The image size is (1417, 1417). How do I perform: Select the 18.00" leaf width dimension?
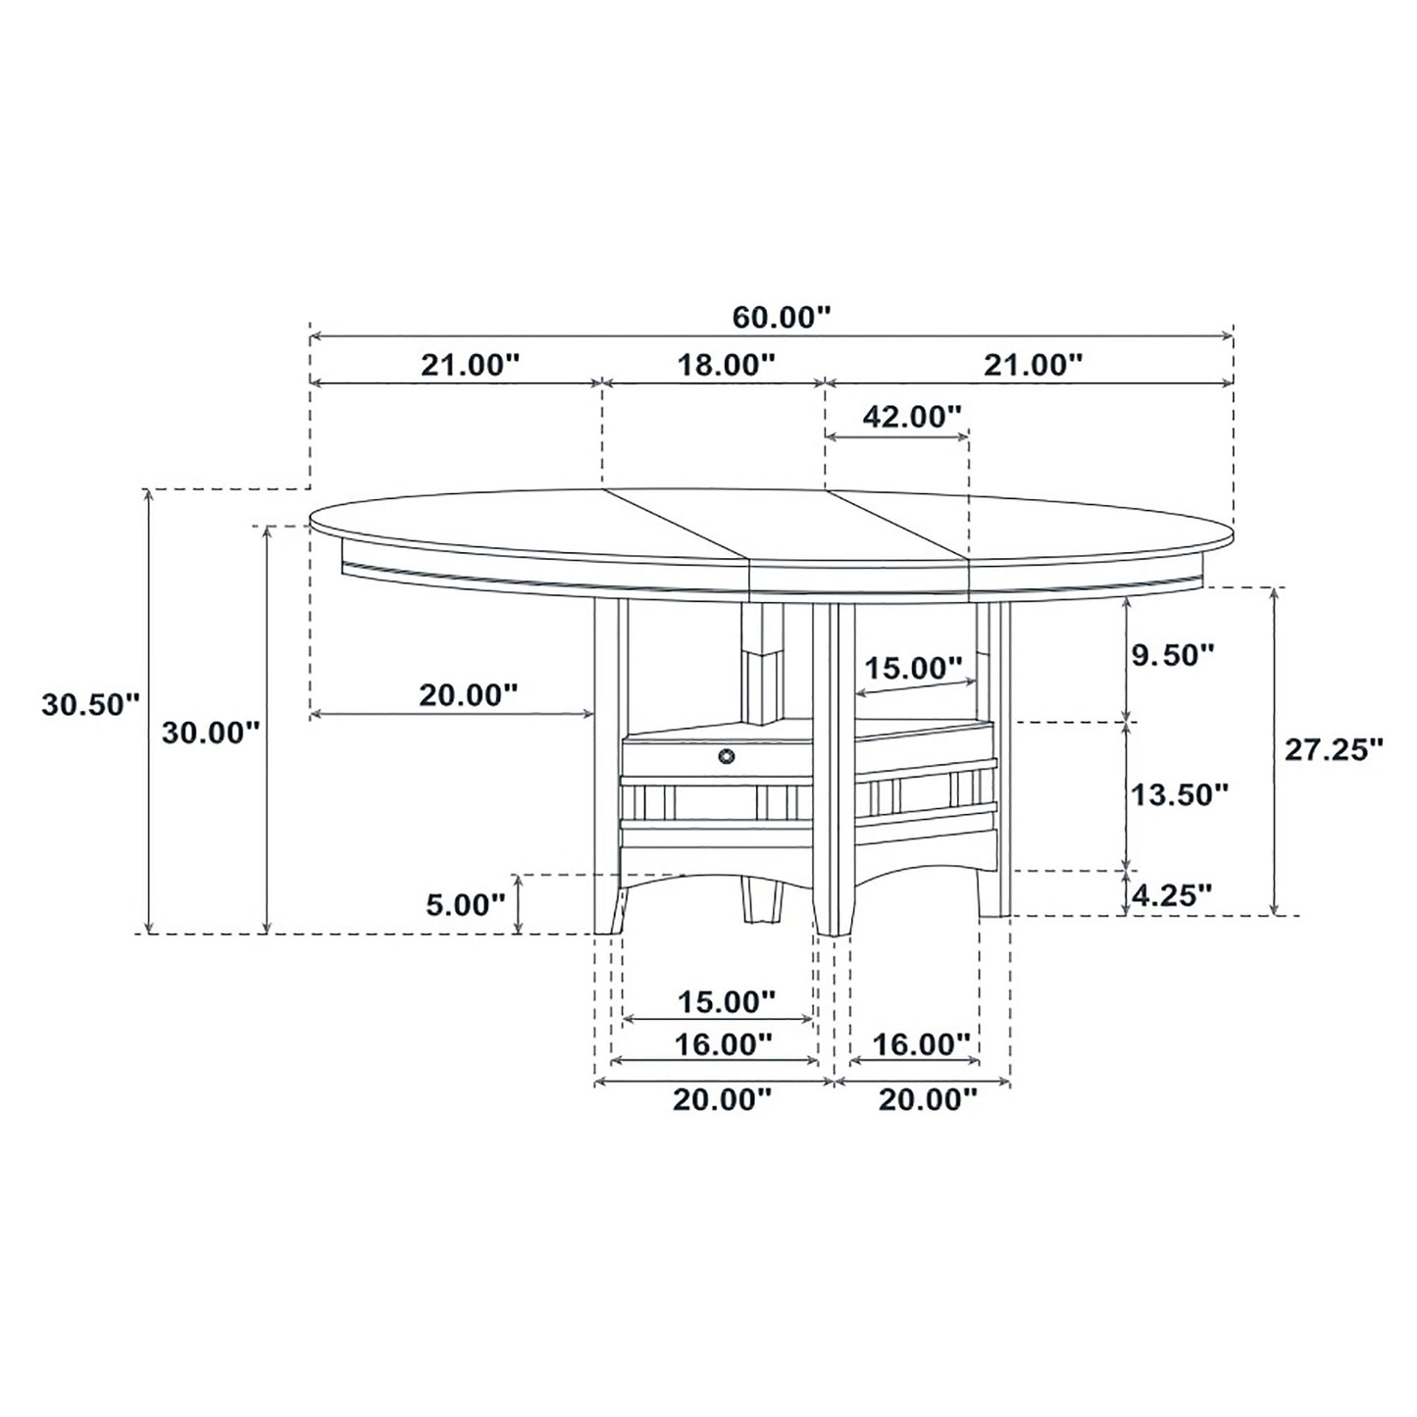click(x=726, y=365)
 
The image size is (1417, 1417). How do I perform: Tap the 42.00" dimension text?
click(x=912, y=417)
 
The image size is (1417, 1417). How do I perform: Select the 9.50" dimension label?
click(x=1174, y=655)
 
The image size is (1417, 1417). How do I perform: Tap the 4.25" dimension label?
click(x=1172, y=893)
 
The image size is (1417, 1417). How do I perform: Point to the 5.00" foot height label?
click(x=465, y=903)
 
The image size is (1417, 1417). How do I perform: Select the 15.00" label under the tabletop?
click(x=912, y=669)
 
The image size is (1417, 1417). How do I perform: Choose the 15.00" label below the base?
click(x=727, y=1002)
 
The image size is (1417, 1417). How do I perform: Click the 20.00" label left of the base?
click(x=468, y=695)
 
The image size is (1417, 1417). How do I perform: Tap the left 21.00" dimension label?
click(x=469, y=365)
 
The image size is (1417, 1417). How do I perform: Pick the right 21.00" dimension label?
click(x=1034, y=365)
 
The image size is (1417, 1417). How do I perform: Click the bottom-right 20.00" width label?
click(x=928, y=1100)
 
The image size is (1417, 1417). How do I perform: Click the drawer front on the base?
click(x=686, y=757)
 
